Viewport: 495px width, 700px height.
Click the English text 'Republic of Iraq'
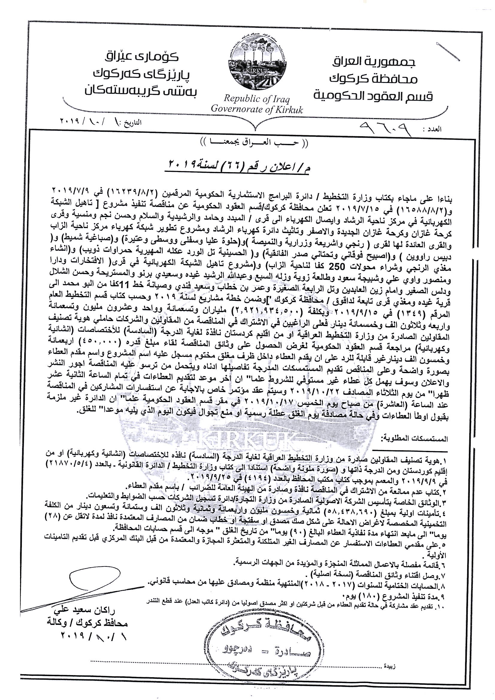coord(257,99)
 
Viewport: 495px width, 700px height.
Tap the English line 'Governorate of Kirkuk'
coord(257,109)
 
